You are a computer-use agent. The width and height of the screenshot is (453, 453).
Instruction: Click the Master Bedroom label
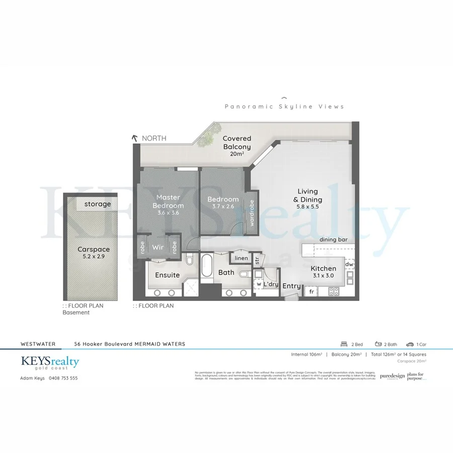point(168,201)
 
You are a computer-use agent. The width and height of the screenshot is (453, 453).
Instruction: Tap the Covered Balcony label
point(237,142)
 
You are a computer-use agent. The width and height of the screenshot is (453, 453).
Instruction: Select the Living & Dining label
point(308,195)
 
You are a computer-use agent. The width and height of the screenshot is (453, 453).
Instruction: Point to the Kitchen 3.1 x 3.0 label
point(323,272)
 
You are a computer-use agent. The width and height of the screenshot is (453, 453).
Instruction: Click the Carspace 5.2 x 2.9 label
point(93,253)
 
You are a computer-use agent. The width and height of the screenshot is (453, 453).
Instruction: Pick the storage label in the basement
point(97,204)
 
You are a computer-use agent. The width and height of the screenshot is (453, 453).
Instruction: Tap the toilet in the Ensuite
point(189,260)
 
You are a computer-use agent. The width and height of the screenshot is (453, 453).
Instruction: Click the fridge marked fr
point(312,291)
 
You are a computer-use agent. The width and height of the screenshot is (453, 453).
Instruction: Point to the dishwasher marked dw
point(349,264)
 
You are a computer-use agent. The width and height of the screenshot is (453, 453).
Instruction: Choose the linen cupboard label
point(241,258)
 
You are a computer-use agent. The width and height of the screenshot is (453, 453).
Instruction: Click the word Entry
point(291,286)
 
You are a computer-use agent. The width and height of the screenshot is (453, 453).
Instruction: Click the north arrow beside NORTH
point(134,138)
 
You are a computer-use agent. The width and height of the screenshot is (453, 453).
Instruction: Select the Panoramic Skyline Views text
point(284,106)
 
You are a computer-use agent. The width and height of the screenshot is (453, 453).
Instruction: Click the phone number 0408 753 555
point(63,378)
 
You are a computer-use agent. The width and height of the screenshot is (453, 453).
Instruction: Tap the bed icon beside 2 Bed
point(345,344)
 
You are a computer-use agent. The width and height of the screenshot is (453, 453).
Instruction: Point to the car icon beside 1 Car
point(410,344)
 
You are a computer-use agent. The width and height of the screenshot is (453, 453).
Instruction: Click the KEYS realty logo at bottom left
point(50,362)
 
